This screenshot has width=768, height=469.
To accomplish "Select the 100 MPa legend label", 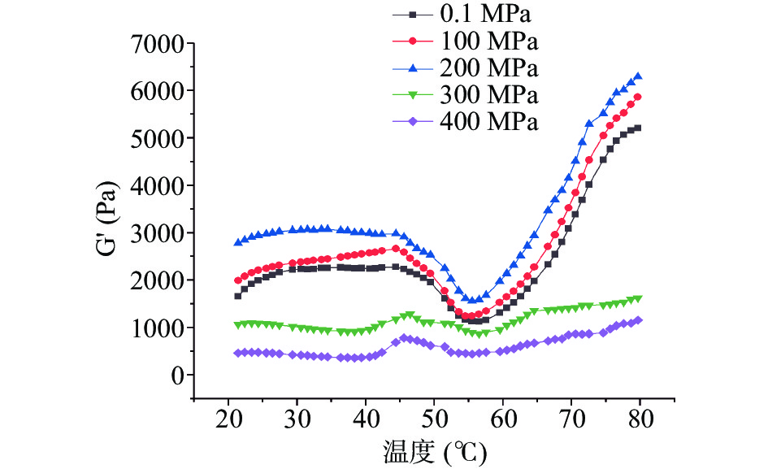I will point(486,40).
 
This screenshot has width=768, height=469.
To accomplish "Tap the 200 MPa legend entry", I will point(486,67).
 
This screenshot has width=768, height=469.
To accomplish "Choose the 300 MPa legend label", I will point(486,94).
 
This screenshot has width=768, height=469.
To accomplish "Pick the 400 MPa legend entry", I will point(486,121).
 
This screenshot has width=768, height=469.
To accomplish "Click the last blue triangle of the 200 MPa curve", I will point(638,76).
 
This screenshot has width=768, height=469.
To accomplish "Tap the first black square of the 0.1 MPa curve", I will point(237,296).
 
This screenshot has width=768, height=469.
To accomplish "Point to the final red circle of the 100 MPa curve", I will point(638,97).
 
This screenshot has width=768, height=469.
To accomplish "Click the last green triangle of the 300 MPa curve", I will point(638,299).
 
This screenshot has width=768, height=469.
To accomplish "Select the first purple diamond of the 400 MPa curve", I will point(237,353).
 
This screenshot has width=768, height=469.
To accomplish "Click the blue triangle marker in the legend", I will point(413,67).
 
